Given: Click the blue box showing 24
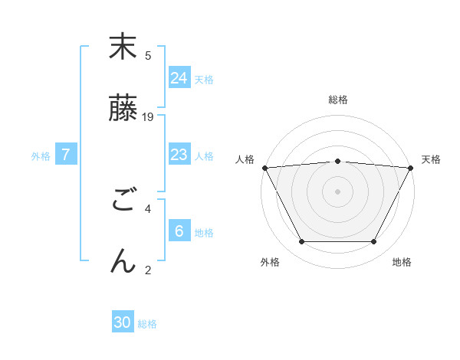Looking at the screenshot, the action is [179, 77].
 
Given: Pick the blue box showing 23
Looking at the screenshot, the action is [179, 155].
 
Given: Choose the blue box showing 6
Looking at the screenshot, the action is [179, 231].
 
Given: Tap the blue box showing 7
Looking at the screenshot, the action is [66, 155].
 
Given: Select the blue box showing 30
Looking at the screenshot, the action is [123, 322].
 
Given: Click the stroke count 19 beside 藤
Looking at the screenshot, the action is [149, 117].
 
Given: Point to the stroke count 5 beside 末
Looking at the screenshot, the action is [148, 56].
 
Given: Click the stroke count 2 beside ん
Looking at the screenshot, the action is [148, 269].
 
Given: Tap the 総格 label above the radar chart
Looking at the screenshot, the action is [338, 100].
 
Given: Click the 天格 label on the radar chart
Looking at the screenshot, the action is [431, 159].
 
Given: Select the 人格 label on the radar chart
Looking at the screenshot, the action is [245, 159].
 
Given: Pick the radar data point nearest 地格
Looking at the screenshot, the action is [374, 242].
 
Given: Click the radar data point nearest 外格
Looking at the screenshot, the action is [301, 242].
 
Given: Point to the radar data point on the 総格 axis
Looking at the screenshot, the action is [338, 161].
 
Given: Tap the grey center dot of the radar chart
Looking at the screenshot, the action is [338, 191].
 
